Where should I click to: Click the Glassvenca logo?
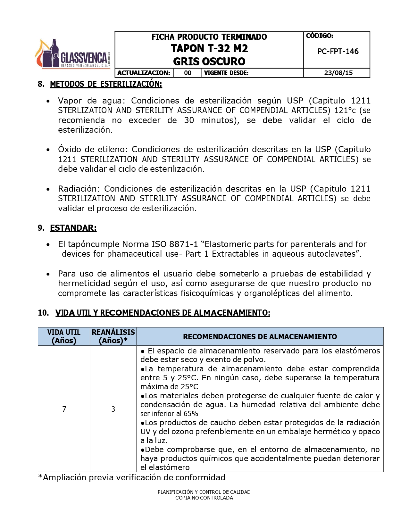tap(72, 54)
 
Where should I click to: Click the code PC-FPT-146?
tap(338, 52)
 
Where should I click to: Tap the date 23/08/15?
tap(338, 73)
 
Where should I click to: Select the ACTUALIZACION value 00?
tap(188, 73)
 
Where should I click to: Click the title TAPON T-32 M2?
tap(209, 49)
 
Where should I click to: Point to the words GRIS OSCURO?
tap(209, 62)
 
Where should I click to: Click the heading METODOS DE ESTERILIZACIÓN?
tap(106, 84)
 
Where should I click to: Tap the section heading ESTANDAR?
tap(73, 228)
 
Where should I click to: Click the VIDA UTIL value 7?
tap(64, 409)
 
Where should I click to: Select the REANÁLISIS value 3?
tap(113, 409)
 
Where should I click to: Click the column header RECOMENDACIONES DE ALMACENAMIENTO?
tap(260, 337)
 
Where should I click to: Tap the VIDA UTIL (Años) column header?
tap(64, 336)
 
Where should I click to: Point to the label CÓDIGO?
tap(320, 36)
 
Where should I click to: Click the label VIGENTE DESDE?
tap(226, 73)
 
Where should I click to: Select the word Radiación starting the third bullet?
tap(79, 189)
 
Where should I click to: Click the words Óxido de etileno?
tap(93, 150)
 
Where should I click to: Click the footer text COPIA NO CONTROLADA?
tap(204, 498)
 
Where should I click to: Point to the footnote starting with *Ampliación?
tap(131, 478)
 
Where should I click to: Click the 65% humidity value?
tap(191, 414)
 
